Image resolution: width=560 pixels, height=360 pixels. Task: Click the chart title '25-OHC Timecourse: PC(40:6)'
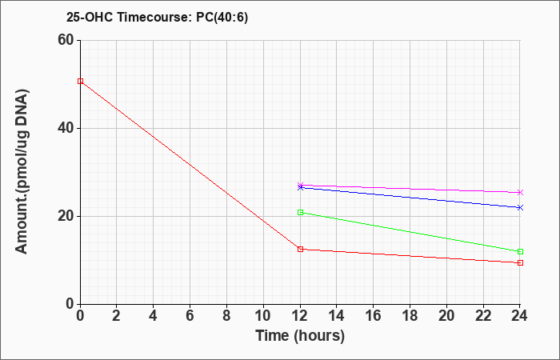click(x=157, y=17)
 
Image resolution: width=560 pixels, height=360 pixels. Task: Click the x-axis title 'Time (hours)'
click(x=300, y=336)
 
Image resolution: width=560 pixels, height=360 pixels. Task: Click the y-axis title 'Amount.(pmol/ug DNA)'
click(x=22, y=172)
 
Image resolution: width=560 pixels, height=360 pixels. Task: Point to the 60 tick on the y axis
click(x=66, y=40)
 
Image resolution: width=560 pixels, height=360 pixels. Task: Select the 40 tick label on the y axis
click(x=66, y=128)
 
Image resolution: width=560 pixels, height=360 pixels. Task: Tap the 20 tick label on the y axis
click(x=66, y=216)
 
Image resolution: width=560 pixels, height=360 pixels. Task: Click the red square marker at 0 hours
click(x=80, y=81)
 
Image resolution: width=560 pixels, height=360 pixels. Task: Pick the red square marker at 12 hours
click(x=300, y=249)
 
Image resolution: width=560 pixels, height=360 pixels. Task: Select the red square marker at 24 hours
click(x=520, y=263)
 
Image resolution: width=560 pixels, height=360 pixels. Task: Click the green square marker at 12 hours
click(x=300, y=213)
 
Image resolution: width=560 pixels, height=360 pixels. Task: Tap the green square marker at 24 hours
click(x=520, y=251)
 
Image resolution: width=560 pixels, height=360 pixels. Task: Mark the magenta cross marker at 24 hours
click(x=520, y=193)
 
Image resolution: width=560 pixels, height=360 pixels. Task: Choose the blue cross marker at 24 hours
click(x=520, y=207)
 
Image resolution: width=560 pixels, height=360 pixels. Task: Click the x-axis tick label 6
click(x=190, y=316)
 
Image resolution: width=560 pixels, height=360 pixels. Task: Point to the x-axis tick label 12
click(x=300, y=316)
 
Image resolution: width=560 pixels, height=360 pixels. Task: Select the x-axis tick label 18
click(x=410, y=316)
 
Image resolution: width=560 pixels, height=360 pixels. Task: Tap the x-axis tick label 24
click(x=520, y=316)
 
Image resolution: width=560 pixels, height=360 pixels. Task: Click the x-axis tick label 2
click(x=117, y=316)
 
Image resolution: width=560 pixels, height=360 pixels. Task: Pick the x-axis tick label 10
click(x=263, y=316)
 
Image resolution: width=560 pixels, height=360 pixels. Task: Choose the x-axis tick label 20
click(x=446, y=316)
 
